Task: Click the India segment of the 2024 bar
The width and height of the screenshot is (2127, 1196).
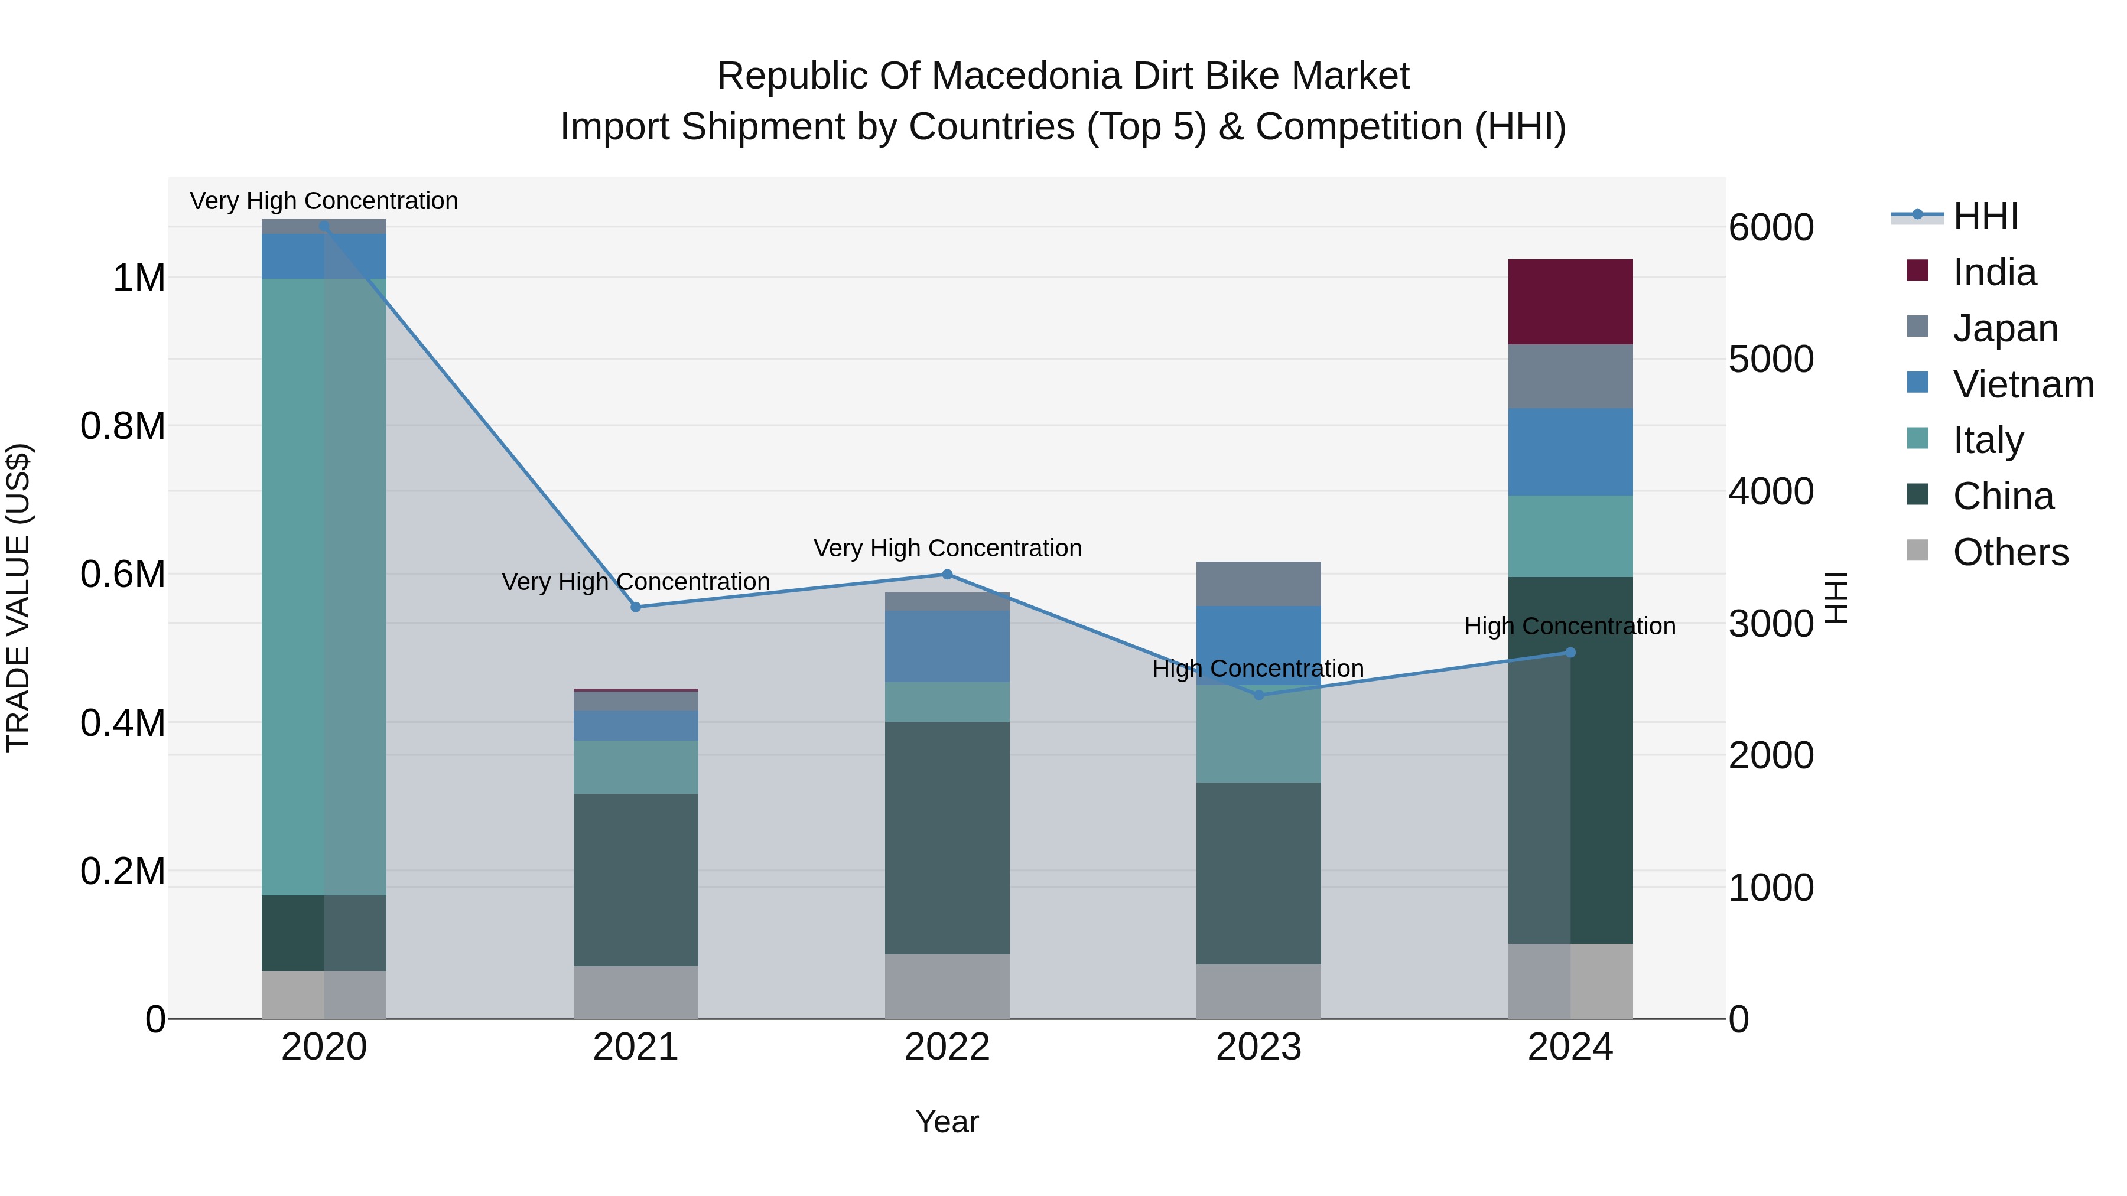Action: pyautogui.click(x=1570, y=302)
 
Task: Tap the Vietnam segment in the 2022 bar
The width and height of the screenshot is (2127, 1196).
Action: pyautogui.click(x=947, y=646)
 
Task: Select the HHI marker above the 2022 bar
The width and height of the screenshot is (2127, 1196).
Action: pyautogui.click(x=947, y=575)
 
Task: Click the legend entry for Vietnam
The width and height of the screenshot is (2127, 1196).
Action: pyautogui.click(x=2022, y=384)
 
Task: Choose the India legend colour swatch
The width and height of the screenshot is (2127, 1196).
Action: pyautogui.click(x=1917, y=271)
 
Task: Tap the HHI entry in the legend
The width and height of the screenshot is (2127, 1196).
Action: pyautogui.click(x=1985, y=216)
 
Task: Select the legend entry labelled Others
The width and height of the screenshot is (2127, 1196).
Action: pyautogui.click(x=2010, y=552)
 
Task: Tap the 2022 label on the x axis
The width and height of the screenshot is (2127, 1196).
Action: pyautogui.click(x=947, y=1047)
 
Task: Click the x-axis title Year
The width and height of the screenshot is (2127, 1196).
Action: pyautogui.click(x=947, y=1122)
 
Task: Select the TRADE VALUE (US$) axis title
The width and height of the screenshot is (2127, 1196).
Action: pyautogui.click(x=18, y=598)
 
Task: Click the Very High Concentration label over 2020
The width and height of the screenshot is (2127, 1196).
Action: pyautogui.click(x=324, y=201)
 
